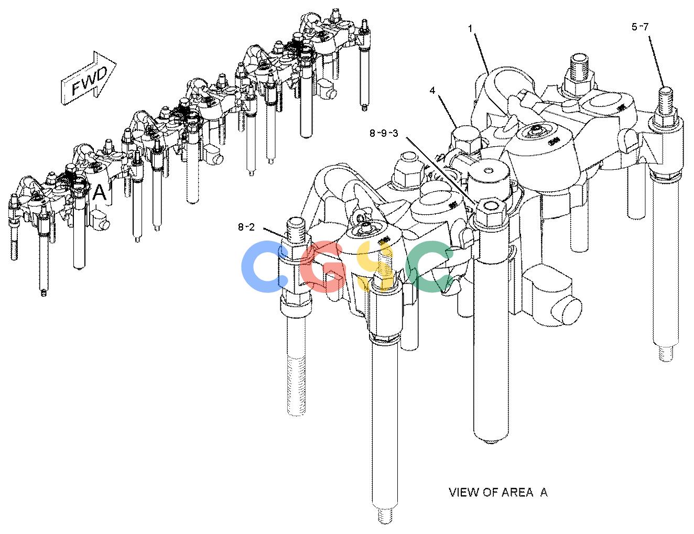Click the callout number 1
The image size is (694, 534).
coord(470,29)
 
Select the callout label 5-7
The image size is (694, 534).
coord(640,27)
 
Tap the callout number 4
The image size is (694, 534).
coord(432,91)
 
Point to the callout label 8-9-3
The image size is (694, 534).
coord(384,133)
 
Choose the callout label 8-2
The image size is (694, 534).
coord(246,227)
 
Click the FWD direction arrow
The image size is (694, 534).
coord(89,78)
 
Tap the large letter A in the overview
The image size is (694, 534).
coord(99,192)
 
